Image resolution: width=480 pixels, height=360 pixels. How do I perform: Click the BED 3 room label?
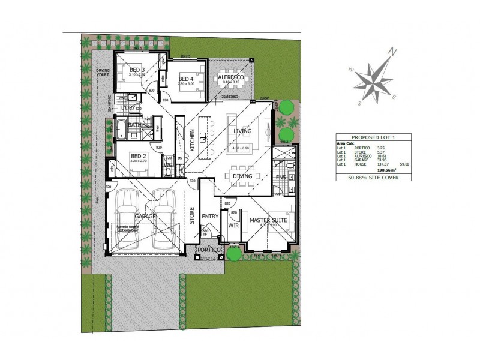(137, 70)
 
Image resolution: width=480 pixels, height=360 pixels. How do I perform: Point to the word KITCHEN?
(193, 139)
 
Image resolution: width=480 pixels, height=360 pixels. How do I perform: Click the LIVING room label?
(242, 130)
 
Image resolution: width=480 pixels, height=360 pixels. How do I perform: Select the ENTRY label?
(210, 217)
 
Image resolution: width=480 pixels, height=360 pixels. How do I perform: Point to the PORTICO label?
(209, 249)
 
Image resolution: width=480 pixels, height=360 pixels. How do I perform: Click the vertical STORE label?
(193, 215)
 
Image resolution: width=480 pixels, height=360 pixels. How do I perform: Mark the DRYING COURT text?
(104, 73)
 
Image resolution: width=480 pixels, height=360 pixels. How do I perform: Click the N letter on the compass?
(392, 52)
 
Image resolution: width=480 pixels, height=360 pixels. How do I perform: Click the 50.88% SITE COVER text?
(373, 178)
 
